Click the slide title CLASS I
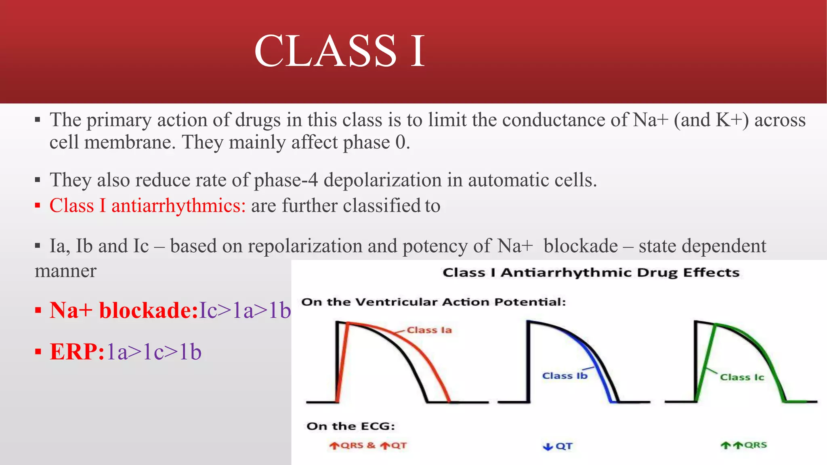[340, 51]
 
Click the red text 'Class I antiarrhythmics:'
[147, 205]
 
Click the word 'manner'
[65, 271]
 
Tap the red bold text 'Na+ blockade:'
[124, 310]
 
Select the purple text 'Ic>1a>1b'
[245, 310]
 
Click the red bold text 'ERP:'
[77, 352]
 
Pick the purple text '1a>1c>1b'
[154, 352]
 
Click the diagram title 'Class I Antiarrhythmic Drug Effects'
[591, 272]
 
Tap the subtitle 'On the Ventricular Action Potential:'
[433, 302]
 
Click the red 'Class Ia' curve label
[429, 330]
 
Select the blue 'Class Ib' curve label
[565, 376]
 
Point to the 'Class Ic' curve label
[742, 377]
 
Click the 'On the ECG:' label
[351, 426]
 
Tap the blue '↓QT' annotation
[558, 446]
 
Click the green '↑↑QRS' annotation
[744, 445]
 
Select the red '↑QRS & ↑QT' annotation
[368, 446]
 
